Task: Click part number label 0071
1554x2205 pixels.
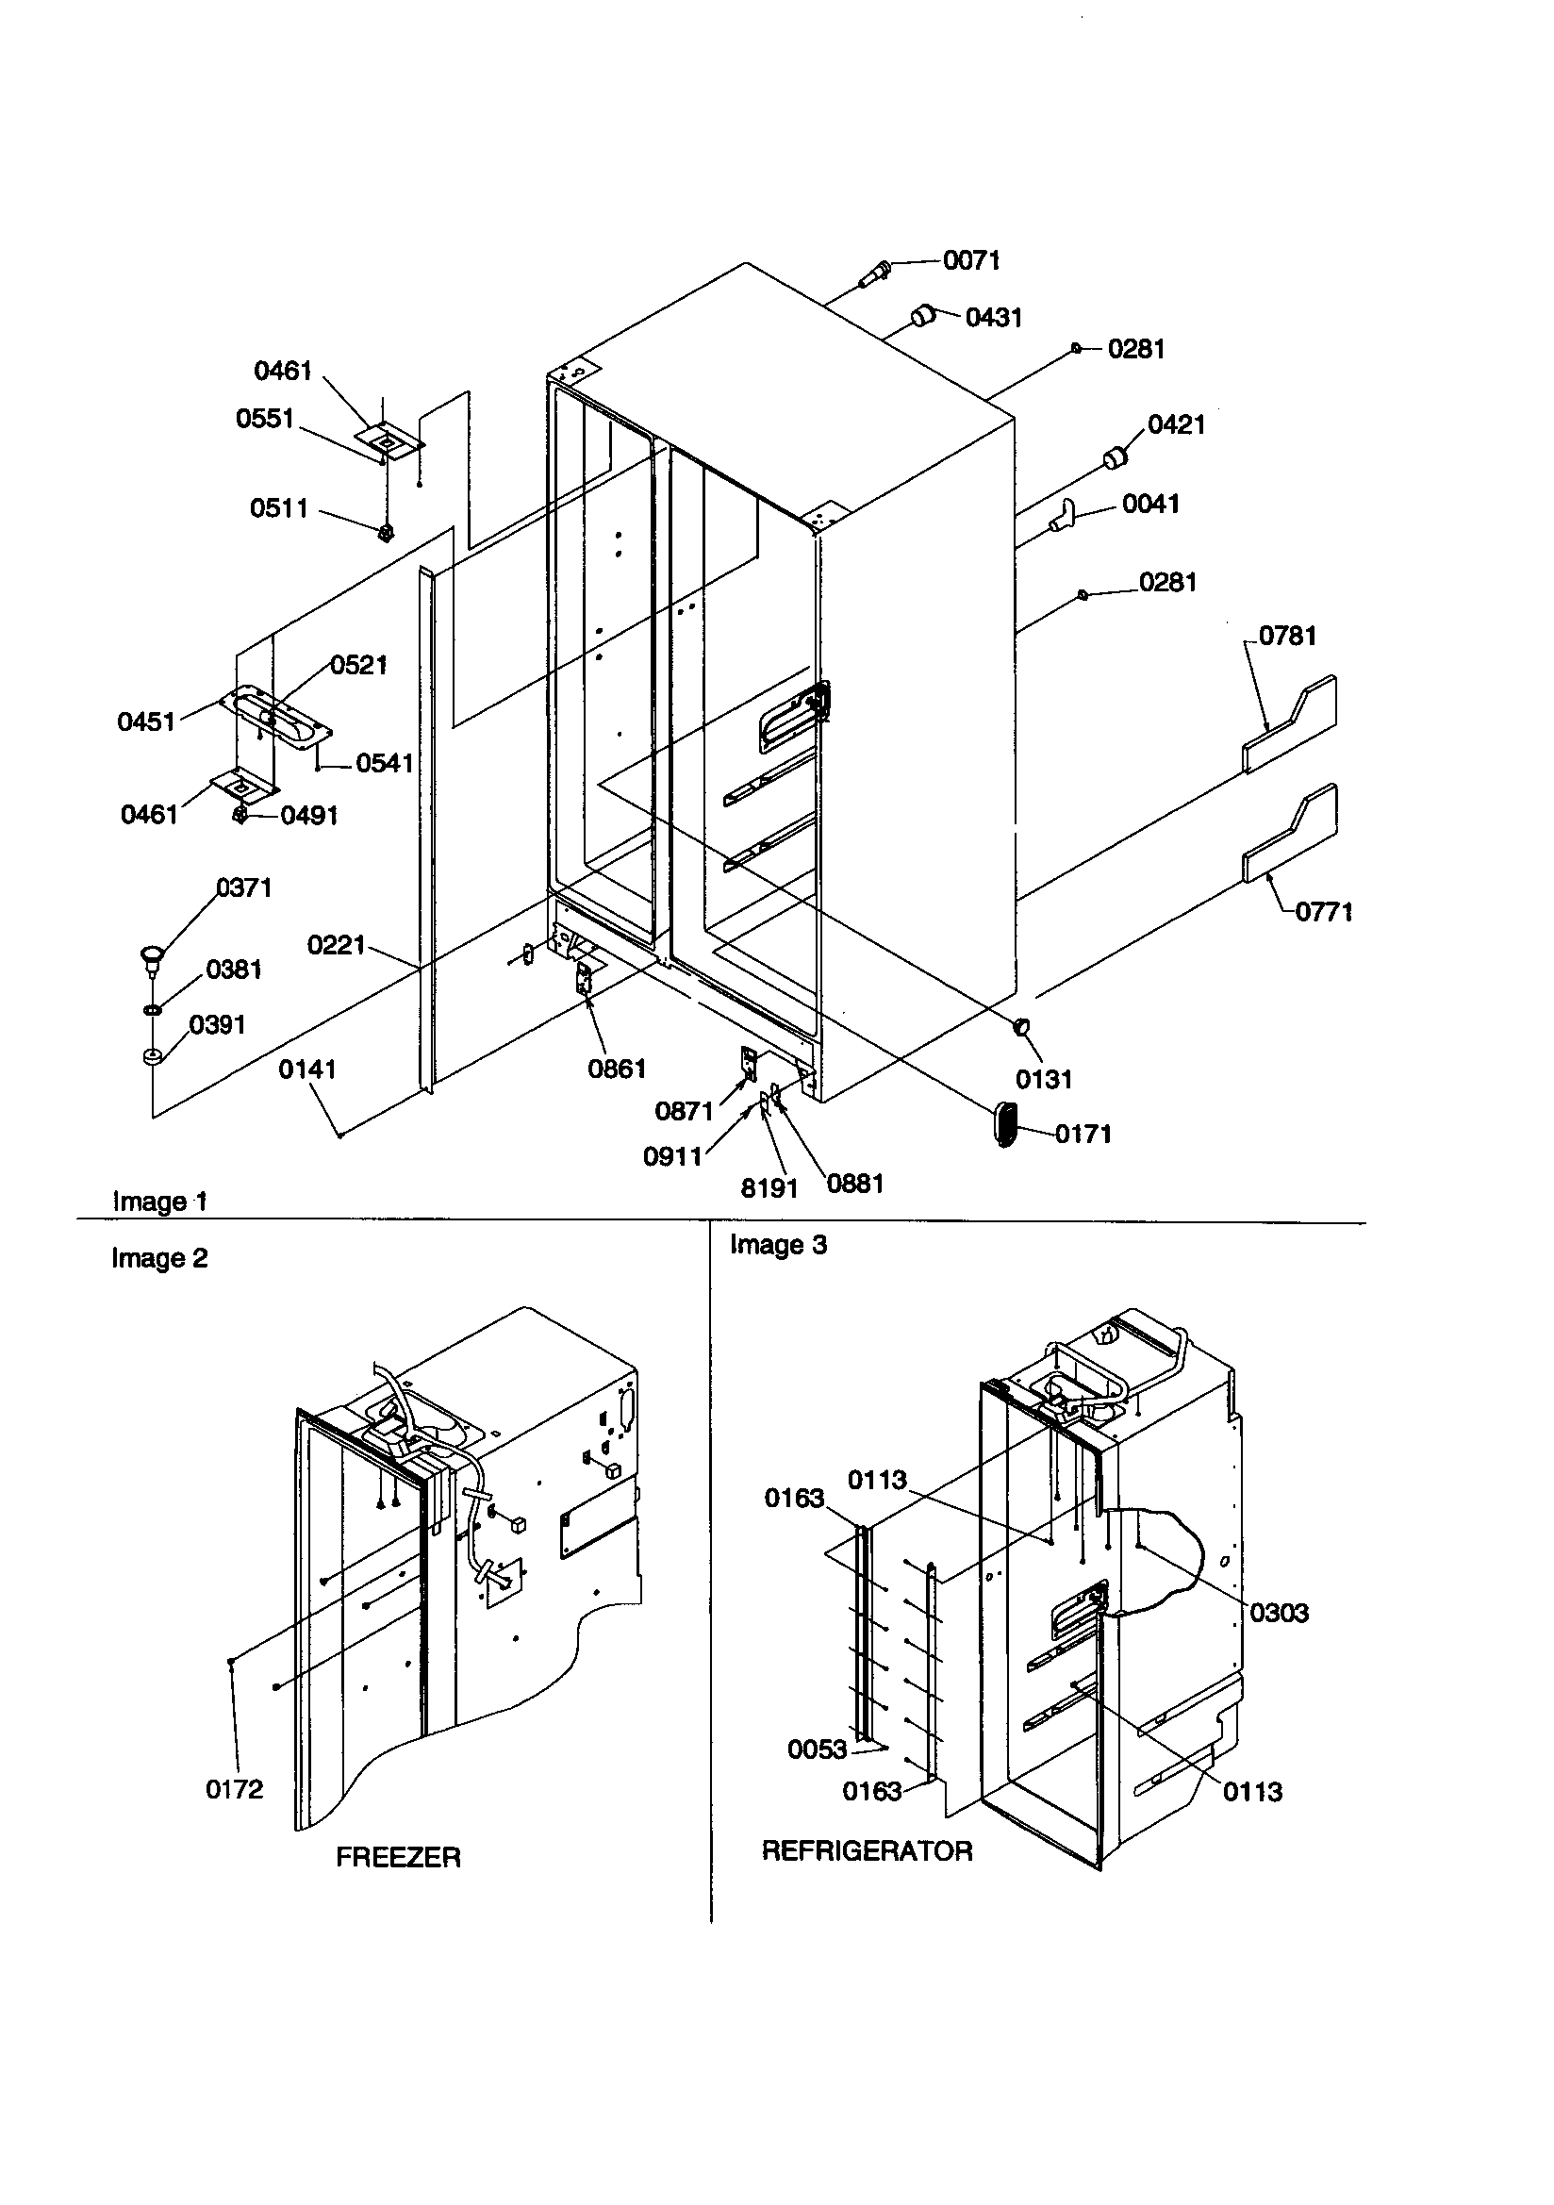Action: (x=971, y=260)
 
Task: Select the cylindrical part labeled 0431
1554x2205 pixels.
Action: (x=923, y=314)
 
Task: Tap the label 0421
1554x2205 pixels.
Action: (x=1176, y=424)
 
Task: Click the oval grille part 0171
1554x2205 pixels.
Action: (x=1004, y=1123)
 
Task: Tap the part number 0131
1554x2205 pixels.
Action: (x=1043, y=1080)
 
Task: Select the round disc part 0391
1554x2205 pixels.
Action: (x=151, y=1057)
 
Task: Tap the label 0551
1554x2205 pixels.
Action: (x=264, y=419)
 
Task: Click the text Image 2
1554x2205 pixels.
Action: (x=159, y=1258)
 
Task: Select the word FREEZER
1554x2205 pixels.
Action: (x=398, y=1857)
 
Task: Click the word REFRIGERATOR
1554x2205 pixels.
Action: (x=867, y=1850)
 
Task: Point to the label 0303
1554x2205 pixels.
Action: (x=1279, y=1613)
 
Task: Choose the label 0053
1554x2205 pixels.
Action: (x=817, y=1749)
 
